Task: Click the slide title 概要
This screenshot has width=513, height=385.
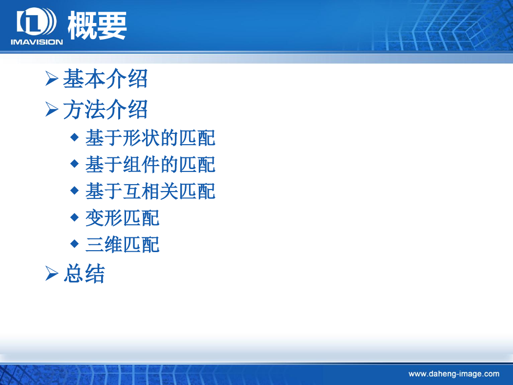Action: (97, 25)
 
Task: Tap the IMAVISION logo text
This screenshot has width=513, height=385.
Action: (37, 42)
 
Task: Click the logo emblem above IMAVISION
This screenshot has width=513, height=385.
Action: (37, 21)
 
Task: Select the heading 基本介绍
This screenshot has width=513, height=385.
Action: (106, 79)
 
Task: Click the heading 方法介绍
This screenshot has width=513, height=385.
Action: (106, 109)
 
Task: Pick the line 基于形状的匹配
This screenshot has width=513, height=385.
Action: (150, 138)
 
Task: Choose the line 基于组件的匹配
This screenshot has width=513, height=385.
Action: (150, 164)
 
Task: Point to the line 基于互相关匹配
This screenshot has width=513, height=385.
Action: (150, 191)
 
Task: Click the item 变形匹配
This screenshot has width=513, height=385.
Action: (122, 218)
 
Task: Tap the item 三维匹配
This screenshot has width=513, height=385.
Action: (122, 244)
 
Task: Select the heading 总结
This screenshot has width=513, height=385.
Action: (84, 274)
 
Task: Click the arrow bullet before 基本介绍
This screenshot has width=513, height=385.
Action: (52, 79)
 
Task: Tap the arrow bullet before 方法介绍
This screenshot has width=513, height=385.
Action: (52, 109)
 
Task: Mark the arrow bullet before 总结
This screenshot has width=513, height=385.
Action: (52, 274)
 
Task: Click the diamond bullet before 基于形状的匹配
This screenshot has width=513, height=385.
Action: (75, 137)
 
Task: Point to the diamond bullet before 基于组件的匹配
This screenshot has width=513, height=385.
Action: (75, 163)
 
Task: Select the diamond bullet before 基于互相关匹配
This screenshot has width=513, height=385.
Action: (75, 190)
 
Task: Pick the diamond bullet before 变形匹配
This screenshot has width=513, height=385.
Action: (75, 217)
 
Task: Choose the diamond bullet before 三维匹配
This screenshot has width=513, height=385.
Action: (75, 243)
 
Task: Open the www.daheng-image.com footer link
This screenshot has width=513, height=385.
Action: (454, 374)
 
